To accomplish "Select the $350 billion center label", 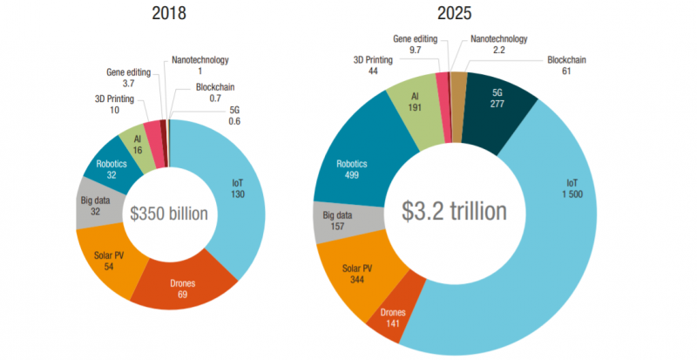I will [169, 214].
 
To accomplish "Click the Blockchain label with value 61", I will [566, 66].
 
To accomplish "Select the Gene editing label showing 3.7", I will [127, 77].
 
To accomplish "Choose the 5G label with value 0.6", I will [234, 116].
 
